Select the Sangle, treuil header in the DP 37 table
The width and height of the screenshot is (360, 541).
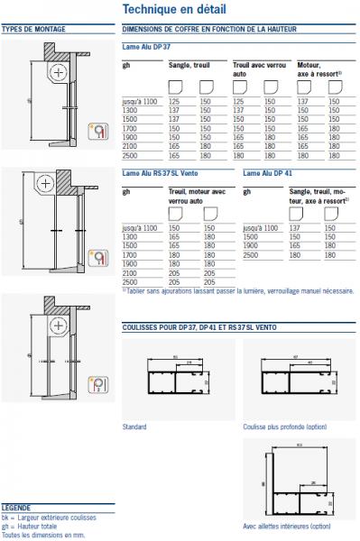(189, 66)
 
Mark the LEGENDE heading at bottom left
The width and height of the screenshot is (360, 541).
(17, 507)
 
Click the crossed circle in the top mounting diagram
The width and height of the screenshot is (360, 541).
(58, 71)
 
